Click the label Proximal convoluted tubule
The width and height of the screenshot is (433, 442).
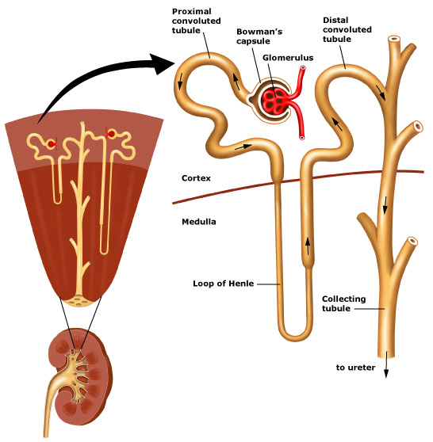pos(196,21)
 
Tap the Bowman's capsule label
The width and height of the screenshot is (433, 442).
pos(259,36)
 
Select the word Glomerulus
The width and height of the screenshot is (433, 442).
pos(288,58)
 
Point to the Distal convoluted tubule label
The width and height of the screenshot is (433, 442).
pos(347,29)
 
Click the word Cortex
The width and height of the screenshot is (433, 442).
pos(196,178)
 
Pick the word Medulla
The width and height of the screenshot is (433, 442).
pos(199,222)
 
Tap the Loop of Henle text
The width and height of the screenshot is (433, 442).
pos(224,284)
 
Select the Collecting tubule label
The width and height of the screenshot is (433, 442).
pos(343,303)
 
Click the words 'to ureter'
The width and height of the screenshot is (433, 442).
pos(355,368)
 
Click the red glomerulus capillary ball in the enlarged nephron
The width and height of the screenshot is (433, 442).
pos(274,101)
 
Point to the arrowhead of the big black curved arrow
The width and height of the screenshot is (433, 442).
pos(163,63)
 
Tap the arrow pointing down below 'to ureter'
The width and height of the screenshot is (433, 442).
pos(386,364)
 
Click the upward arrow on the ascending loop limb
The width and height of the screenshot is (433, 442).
pos(308,246)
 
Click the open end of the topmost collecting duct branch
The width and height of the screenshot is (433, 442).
pos(394,39)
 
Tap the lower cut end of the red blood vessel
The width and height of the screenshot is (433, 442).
pos(302,138)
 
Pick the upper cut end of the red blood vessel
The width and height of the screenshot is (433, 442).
pos(303,68)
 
